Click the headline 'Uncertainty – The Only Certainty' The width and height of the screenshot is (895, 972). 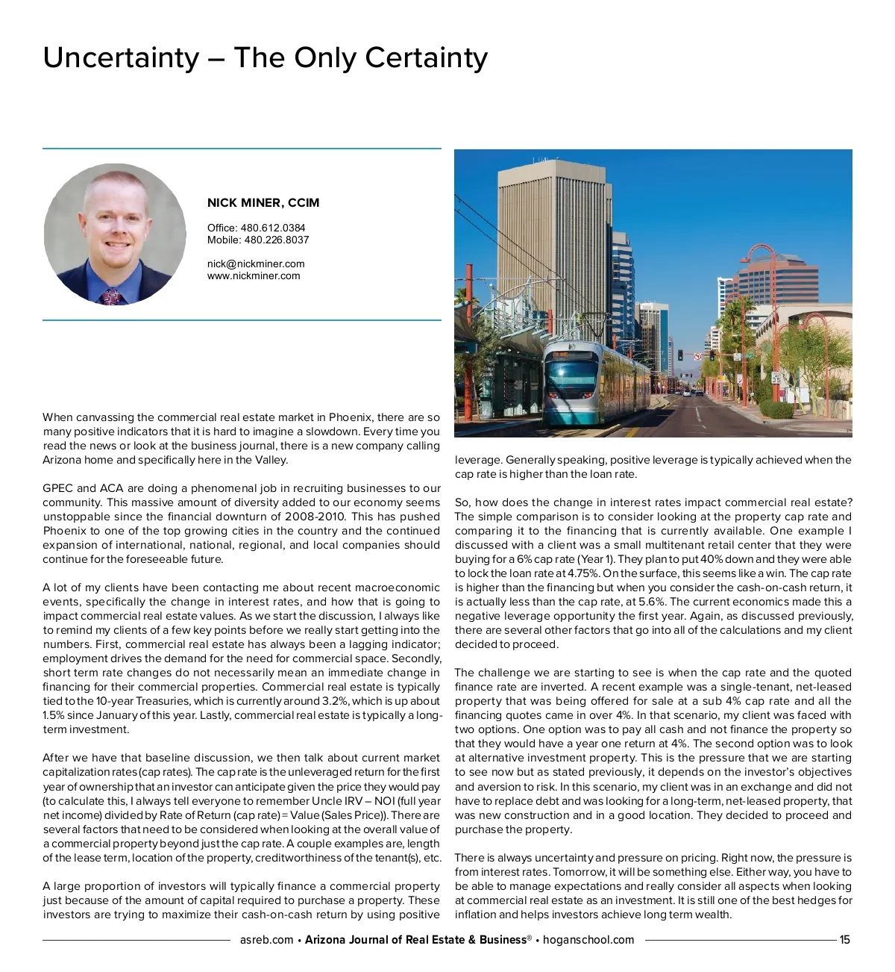point(266,57)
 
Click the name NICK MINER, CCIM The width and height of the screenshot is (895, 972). point(263,203)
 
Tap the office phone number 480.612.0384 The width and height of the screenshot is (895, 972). point(273,228)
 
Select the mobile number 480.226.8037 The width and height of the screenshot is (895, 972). point(277,240)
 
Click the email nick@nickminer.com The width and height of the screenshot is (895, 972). point(256,264)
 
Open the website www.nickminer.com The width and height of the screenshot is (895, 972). point(254,275)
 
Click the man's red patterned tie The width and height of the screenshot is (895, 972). point(111,296)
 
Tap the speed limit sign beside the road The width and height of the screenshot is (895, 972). point(776,378)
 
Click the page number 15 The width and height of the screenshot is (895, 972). point(844,940)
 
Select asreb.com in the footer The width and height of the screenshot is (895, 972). point(266,940)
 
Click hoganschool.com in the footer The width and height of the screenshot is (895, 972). point(588,940)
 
